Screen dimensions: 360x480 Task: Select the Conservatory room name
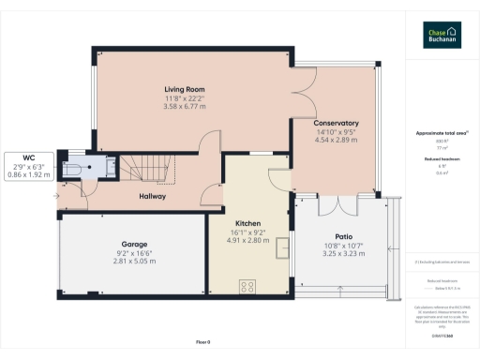337,123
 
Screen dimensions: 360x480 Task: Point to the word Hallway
152,197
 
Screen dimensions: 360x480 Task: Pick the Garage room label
133,244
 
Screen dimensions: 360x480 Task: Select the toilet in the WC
73,168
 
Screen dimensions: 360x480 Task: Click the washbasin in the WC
110,167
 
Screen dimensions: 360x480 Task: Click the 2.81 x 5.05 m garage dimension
133,262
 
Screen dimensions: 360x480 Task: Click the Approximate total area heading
441,133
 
